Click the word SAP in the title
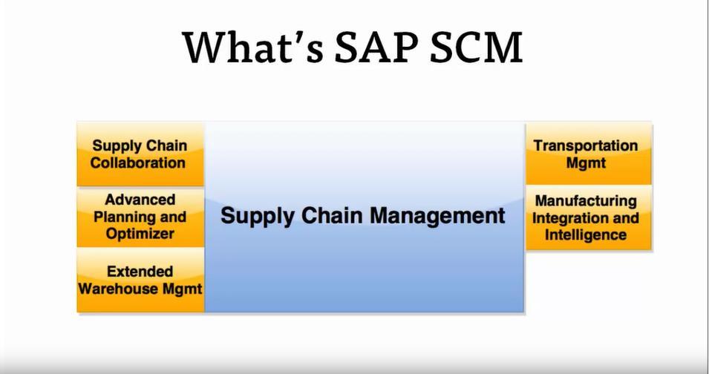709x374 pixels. (x=378, y=47)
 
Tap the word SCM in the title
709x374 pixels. (x=476, y=47)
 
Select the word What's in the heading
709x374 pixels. (x=254, y=47)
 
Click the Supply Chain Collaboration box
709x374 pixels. (x=140, y=154)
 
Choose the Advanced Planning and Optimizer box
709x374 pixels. (x=140, y=217)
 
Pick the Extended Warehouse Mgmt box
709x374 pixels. (x=140, y=280)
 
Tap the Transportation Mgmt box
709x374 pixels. (x=588, y=154)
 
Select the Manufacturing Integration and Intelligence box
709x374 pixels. (x=588, y=217)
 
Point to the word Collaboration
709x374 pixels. (x=138, y=163)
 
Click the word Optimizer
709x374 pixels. (x=140, y=234)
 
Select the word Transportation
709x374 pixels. (x=586, y=145)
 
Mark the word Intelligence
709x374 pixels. (x=586, y=235)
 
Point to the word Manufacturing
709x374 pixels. (x=586, y=200)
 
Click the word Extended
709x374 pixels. (x=140, y=272)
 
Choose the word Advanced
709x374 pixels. (x=140, y=200)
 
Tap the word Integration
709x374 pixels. (x=568, y=217)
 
